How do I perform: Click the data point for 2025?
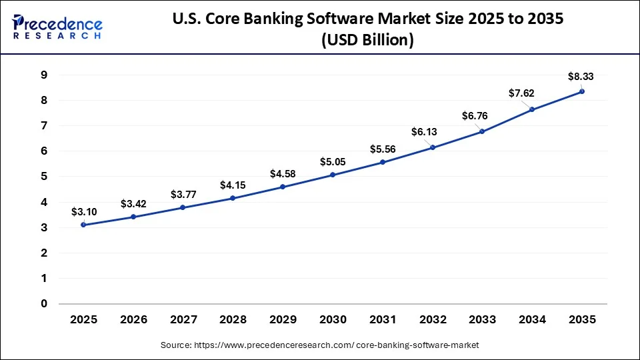83,225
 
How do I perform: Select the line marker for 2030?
333,175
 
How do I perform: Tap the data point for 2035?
582,91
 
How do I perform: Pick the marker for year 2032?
433,147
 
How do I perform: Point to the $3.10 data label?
85,212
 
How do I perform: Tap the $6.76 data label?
475,116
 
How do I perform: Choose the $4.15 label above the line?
233,185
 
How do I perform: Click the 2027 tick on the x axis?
183,320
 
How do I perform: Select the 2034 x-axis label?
532,320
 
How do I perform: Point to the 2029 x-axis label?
283,320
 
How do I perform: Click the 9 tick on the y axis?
43,75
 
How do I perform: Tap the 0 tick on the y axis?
43,304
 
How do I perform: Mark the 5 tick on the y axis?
43,177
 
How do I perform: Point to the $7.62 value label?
521,93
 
